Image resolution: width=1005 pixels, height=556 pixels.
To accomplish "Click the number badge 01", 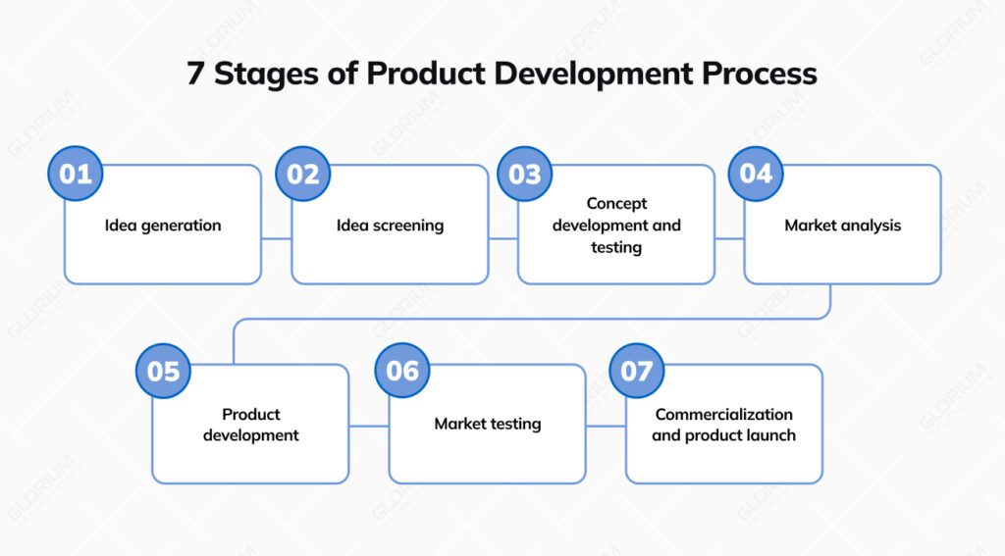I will click(76, 174).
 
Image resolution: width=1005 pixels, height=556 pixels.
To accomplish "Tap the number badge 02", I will click(303, 174).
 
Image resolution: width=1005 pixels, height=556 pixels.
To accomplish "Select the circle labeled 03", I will click(525, 174).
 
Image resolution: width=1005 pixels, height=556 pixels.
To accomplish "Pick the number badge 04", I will click(756, 174).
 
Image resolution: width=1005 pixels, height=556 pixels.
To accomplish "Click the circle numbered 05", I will click(163, 372).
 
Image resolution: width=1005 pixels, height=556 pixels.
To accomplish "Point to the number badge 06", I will click(402, 371).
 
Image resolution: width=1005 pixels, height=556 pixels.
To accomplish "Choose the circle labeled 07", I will click(636, 371).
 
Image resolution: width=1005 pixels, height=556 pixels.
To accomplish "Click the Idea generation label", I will click(163, 226).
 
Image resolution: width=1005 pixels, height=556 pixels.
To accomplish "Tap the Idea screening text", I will click(390, 226).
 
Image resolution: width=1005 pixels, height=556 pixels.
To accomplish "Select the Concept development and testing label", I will click(616, 226).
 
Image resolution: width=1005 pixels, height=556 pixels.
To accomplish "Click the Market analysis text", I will click(842, 226).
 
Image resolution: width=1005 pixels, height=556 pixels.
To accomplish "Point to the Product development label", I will click(251, 425).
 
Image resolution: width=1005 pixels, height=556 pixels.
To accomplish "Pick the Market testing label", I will click(488, 425).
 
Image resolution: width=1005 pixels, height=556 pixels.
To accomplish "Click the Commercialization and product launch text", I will click(724, 425).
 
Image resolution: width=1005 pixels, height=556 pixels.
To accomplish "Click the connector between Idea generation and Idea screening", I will click(277, 238).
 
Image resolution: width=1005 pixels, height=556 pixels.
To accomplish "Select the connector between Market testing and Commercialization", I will click(606, 426).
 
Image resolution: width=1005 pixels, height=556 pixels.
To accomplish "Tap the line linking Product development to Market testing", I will click(369, 426).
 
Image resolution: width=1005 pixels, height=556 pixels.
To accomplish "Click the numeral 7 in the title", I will click(195, 75).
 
